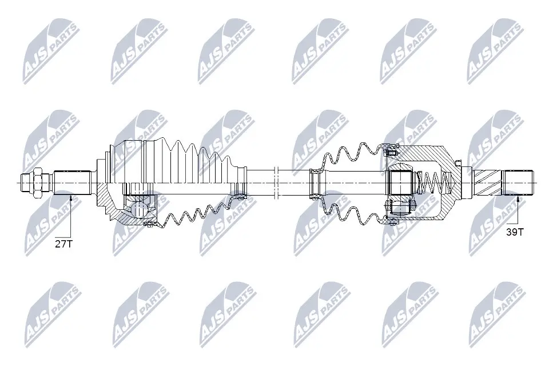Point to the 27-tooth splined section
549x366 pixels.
(73, 182)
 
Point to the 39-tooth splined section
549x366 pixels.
(518, 182)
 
